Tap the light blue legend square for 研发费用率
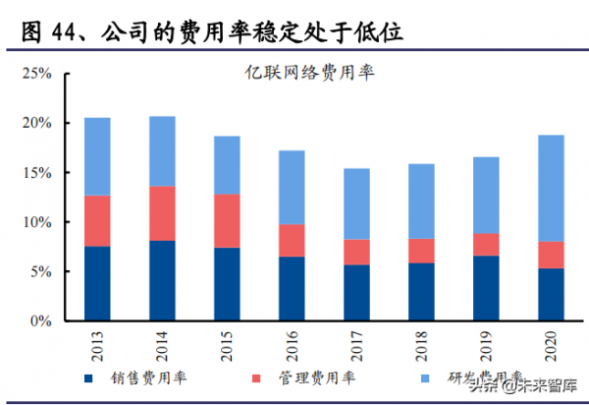click(425, 378)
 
